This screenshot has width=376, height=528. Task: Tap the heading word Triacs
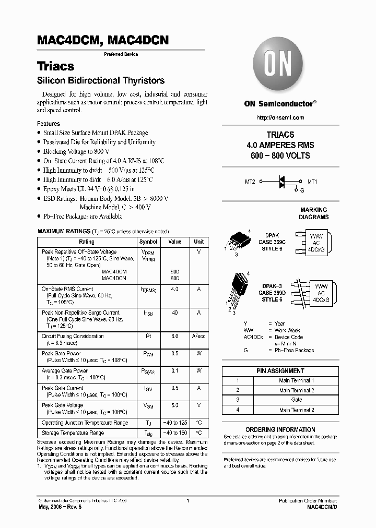55,66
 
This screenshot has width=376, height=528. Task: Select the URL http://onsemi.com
280,118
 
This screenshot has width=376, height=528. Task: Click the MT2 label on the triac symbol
250,182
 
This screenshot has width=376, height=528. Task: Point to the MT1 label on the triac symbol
312,182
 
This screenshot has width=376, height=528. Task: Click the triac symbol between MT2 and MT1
281,182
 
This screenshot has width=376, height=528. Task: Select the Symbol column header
148,242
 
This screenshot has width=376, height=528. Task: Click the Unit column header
198,242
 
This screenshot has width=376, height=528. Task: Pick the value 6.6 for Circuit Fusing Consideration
175,337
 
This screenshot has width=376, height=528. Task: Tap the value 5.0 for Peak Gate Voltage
175,405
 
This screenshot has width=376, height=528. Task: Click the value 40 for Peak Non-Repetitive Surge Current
175,313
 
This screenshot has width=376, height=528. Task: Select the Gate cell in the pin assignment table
296,399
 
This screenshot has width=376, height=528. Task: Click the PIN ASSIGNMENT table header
280,371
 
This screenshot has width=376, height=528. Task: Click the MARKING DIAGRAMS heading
313,213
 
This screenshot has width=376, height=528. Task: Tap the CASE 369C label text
272,242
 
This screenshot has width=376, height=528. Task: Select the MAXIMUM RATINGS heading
64,231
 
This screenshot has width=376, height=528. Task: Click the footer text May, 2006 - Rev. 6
59,507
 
